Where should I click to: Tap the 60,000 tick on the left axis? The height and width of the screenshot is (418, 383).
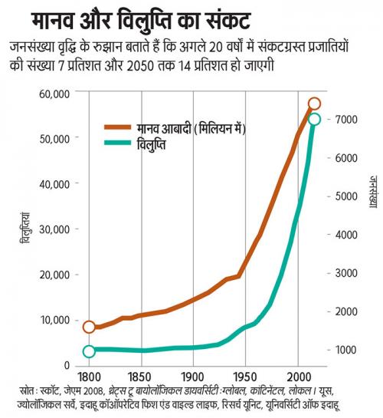pyautogui.click(x=54, y=94)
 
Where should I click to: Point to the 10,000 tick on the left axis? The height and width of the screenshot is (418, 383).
pyautogui.click(x=54, y=319)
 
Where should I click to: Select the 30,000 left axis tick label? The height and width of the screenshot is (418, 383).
pyautogui.click(x=54, y=229)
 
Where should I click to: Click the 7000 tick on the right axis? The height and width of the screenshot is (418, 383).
pyautogui.click(x=345, y=120)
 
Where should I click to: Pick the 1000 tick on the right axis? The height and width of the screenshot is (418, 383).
pyautogui.click(x=345, y=350)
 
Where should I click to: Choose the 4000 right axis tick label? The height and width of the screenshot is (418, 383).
pyautogui.click(x=345, y=235)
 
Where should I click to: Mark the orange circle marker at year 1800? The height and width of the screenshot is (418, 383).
pyautogui.click(x=89, y=327)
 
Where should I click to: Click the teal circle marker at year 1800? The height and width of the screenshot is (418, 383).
pyautogui.click(x=89, y=351)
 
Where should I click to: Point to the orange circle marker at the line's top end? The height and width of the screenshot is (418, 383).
pyautogui.click(x=314, y=104)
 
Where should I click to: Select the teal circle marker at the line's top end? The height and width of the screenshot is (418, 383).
pyautogui.click(x=313, y=120)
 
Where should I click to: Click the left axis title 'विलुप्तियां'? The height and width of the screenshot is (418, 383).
pyautogui.click(x=25, y=222)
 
